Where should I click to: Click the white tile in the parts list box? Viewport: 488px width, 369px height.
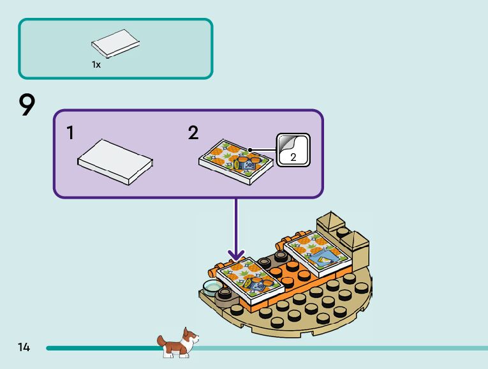(x=115, y=43)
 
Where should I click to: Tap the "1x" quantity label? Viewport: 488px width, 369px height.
(x=96, y=64)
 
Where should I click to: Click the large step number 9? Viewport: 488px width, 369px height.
(x=27, y=105)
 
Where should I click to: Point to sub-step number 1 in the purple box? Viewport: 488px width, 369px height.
(x=70, y=133)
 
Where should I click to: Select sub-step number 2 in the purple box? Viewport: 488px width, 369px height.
(x=193, y=133)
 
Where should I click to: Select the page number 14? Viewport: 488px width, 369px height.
(x=24, y=347)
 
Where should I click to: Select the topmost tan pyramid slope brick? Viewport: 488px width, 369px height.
(x=331, y=221)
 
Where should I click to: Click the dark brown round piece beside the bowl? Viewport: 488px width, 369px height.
(x=224, y=294)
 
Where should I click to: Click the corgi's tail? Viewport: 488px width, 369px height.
(x=160, y=338)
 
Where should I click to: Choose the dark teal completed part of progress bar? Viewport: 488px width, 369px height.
(x=102, y=348)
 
